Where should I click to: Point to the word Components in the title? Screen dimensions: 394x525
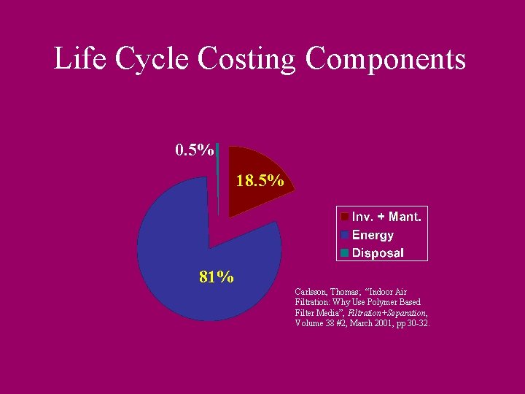(x=386, y=58)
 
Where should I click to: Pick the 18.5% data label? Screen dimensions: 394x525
(x=260, y=180)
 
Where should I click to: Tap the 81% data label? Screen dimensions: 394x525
(x=217, y=277)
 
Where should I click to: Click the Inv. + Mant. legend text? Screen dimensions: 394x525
(x=386, y=217)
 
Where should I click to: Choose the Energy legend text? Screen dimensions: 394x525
(x=373, y=235)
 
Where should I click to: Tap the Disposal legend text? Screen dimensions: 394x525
(x=378, y=253)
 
